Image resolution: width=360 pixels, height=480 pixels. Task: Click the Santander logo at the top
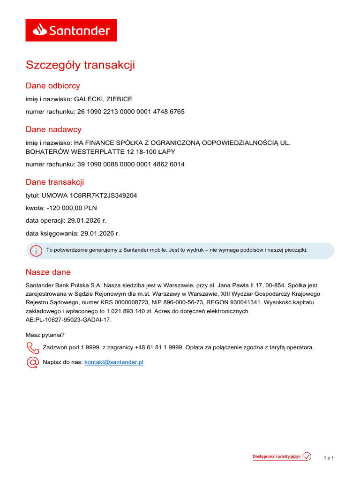click(71, 30)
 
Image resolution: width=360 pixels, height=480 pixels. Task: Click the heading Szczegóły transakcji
click(80, 65)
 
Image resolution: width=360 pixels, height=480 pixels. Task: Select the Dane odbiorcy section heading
click(53, 86)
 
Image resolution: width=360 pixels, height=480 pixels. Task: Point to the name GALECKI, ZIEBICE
click(103, 99)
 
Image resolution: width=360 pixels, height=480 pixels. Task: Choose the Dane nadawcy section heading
click(53, 129)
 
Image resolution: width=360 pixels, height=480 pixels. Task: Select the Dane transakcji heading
click(55, 182)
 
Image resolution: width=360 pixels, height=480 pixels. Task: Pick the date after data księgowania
click(100, 233)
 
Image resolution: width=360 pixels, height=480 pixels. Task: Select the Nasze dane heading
click(48, 272)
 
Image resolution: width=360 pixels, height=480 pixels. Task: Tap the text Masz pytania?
click(45, 335)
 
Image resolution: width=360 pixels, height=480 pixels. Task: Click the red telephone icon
click(33, 348)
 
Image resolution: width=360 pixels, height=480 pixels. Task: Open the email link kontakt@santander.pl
click(114, 362)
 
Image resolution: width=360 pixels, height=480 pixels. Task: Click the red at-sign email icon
click(33, 362)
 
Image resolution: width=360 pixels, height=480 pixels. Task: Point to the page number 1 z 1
click(329, 457)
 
